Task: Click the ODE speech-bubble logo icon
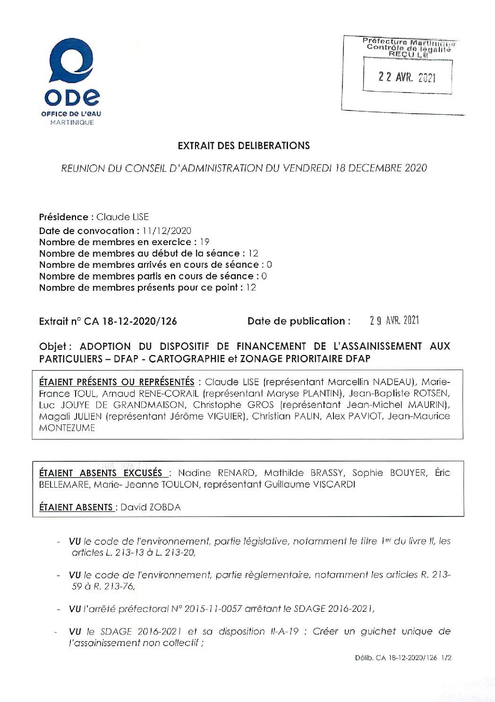point(72,61)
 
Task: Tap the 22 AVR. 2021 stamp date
point(407,77)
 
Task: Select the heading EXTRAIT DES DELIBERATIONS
point(243,145)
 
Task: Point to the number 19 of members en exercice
point(204,242)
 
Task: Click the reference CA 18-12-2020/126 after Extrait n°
point(130,321)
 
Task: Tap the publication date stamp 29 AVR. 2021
point(394,321)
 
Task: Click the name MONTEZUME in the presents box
point(67,428)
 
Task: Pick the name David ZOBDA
point(151,507)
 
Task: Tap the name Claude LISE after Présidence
point(122,217)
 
